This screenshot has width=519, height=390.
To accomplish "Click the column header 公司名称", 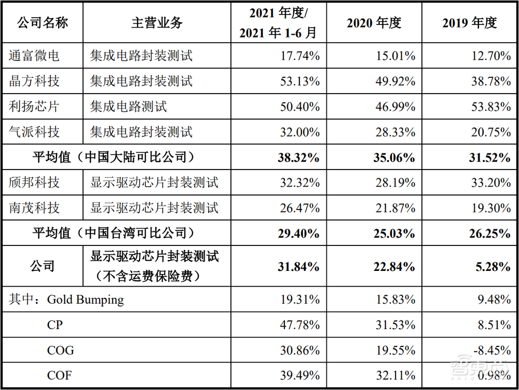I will (43, 23).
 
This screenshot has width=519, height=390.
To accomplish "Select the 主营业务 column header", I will (157, 23).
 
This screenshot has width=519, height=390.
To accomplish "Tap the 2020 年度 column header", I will (374, 23).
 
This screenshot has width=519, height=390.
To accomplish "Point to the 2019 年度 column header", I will (470, 23).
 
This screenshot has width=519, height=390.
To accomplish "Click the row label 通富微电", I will (34, 56).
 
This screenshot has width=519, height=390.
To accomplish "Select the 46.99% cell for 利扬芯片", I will (395, 107).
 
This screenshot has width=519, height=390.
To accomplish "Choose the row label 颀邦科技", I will (34, 183).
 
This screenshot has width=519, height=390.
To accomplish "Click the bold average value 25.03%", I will (394, 233).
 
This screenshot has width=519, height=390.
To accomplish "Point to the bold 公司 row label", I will (43, 267).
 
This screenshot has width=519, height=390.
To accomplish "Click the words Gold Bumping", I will (86, 300).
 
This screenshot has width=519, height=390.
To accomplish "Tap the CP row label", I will (54, 325).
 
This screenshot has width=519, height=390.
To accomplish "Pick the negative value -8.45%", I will (490, 350).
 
